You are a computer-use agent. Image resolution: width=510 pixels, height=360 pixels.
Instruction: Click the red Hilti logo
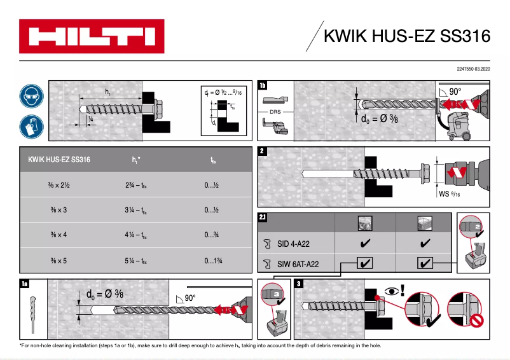pyautogui.click(x=91, y=36)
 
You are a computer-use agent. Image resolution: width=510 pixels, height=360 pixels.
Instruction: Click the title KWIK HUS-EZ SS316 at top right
pyautogui.click(x=407, y=36)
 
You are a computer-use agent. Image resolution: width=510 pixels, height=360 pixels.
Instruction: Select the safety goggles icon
pyautogui.click(x=31, y=97)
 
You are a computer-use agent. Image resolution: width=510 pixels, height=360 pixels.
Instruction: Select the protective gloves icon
pyautogui.click(x=31, y=125)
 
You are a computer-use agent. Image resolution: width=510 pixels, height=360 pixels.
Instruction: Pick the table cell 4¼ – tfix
pyautogui.click(x=137, y=235)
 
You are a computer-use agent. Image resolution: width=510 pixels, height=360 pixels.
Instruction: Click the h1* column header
pyautogui.click(x=137, y=160)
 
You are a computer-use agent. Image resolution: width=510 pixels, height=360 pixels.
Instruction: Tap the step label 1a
pyautogui.click(x=24, y=284)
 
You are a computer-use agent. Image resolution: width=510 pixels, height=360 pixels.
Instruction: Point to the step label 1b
pyautogui.click(x=263, y=86)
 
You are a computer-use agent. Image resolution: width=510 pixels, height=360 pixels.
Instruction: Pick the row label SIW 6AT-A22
pyautogui.click(x=297, y=262)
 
